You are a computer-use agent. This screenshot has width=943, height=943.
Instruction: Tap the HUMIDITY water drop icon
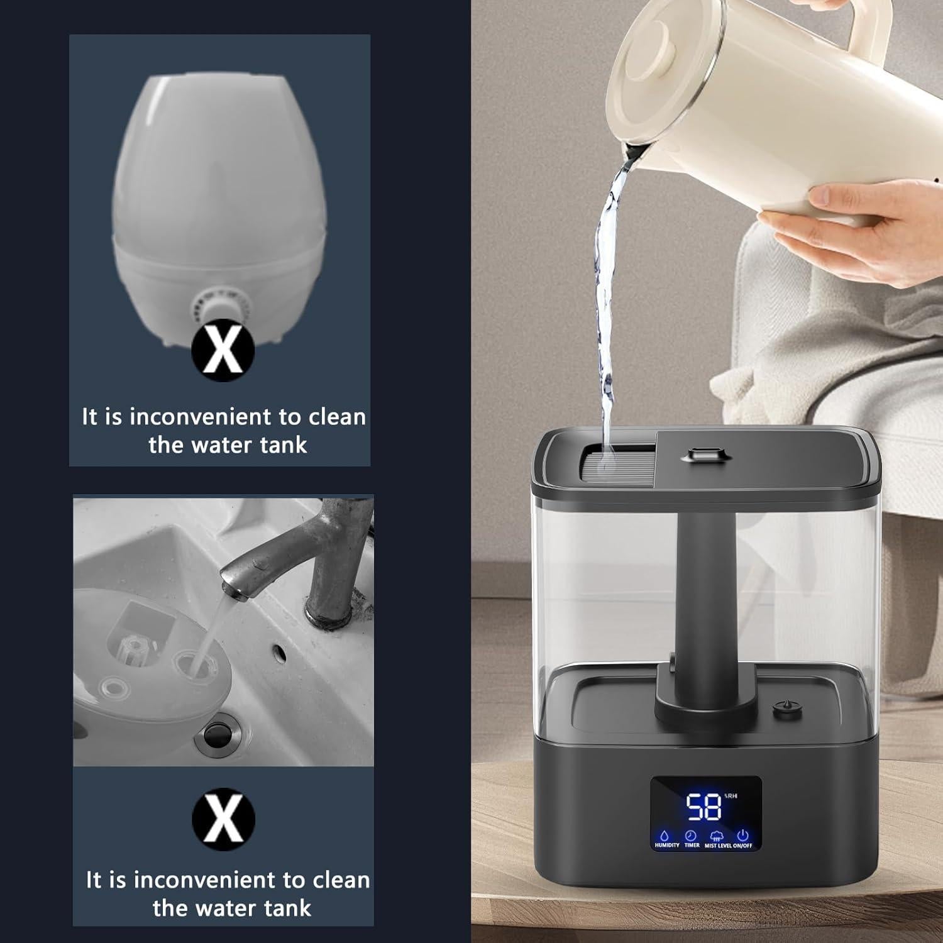point(666,835)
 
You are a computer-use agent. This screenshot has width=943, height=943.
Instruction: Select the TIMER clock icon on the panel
point(691,835)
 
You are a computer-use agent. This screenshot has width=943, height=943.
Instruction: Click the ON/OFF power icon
point(742,835)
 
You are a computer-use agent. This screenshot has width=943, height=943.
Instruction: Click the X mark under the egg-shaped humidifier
point(223,350)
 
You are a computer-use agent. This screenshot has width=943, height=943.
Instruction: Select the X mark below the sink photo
point(223,820)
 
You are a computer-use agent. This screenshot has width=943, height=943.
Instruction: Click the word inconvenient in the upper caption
point(201,417)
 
